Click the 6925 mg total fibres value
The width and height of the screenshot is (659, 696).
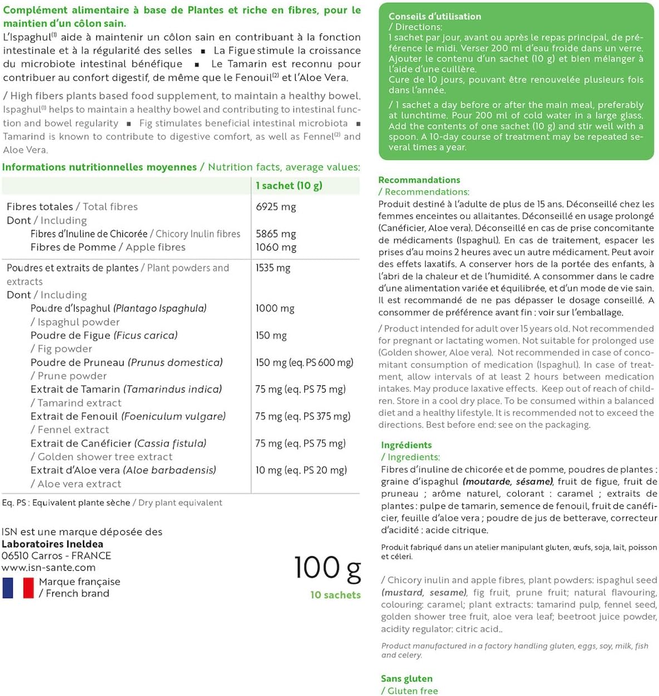click(276, 207)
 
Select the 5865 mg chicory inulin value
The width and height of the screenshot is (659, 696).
click(276, 234)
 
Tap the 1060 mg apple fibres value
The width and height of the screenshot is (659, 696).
click(276, 247)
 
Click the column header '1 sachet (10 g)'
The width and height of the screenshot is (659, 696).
click(289, 185)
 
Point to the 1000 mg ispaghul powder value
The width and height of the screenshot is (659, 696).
click(275, 308)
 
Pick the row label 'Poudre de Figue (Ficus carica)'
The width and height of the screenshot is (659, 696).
click(104, 335)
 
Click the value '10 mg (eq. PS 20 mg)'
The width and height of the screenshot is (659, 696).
click(301, 470)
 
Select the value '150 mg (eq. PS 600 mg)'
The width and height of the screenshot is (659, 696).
click(304, 362)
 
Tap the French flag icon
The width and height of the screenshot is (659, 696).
click(18, 588)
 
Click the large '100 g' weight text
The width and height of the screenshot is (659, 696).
click(327, 568)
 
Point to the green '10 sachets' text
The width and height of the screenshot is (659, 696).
click(335, 595)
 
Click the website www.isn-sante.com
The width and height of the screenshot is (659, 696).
click(48, 567)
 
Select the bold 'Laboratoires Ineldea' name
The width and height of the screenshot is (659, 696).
click(52, 544)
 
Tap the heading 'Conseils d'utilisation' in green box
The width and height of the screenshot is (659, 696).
click(435, 16)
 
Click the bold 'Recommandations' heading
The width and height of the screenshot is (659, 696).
click(419, 180)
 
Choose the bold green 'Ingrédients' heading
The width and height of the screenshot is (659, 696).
click(406, 445)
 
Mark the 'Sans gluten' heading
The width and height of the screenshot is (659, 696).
click(406, 678)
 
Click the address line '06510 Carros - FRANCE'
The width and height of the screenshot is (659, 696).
click(56, 556)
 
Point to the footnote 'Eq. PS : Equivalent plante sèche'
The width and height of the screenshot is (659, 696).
click(66, 503)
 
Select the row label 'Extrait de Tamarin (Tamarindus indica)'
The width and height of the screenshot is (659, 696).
click(126, 389)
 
